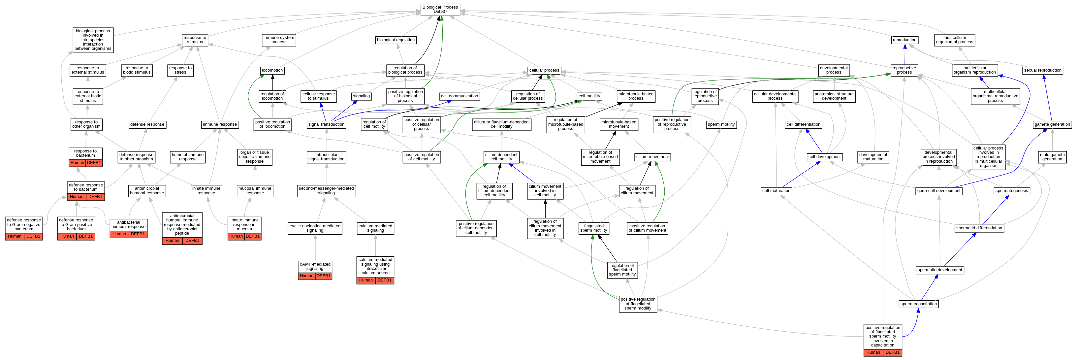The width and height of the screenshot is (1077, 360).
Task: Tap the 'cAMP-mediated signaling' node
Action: (315, 266)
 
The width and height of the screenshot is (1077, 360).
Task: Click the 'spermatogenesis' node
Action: (1011, 191)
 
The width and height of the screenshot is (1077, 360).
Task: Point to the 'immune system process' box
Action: (278, 40)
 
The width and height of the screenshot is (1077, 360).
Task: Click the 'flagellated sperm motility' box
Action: (593, 228)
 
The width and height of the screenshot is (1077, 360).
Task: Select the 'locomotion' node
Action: (272, 70)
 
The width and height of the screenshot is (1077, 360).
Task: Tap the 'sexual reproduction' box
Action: (1042, 70)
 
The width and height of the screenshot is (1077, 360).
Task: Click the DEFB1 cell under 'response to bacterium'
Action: (94, 163)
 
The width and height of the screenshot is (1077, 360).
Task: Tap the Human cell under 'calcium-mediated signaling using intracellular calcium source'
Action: (366, 280)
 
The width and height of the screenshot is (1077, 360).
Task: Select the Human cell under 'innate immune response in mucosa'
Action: (236, 236)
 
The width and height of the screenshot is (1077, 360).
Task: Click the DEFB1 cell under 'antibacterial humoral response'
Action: (138, 234)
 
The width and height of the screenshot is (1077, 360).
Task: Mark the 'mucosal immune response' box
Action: (255, 191)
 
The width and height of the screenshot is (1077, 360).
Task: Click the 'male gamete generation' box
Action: (1052, 157)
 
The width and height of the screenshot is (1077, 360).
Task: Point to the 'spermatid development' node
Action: (939, 270)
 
